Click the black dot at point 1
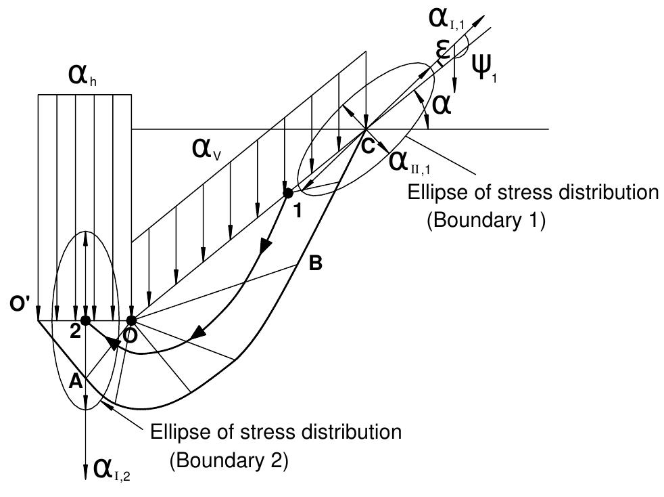click(x=288, y=194)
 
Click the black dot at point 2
click(x=85, y=320)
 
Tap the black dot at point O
click(x=131, y=320)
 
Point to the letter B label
click(x=314, y=264)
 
